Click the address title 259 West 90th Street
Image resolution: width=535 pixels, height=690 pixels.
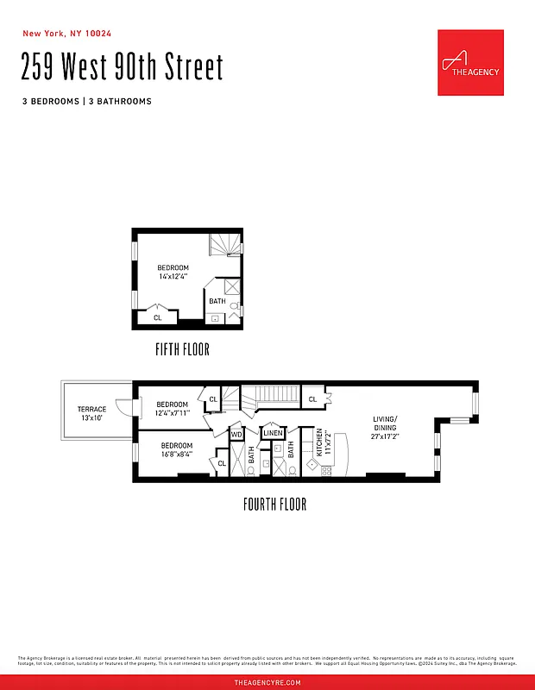123,67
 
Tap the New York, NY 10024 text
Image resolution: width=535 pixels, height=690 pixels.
66,34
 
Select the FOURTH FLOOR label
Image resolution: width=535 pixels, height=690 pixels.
274,505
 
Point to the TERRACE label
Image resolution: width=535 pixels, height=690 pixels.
91,409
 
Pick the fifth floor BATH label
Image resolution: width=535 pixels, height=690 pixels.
217,301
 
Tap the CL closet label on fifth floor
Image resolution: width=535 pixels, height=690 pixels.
157,317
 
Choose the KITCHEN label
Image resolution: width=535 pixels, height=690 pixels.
318,442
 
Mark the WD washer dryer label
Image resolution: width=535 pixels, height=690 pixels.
236,435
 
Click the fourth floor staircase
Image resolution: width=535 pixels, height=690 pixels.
268,399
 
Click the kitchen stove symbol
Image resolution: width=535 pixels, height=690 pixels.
326,470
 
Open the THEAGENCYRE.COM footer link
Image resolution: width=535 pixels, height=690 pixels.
267,682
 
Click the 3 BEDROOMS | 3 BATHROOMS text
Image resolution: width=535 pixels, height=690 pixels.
87,101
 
